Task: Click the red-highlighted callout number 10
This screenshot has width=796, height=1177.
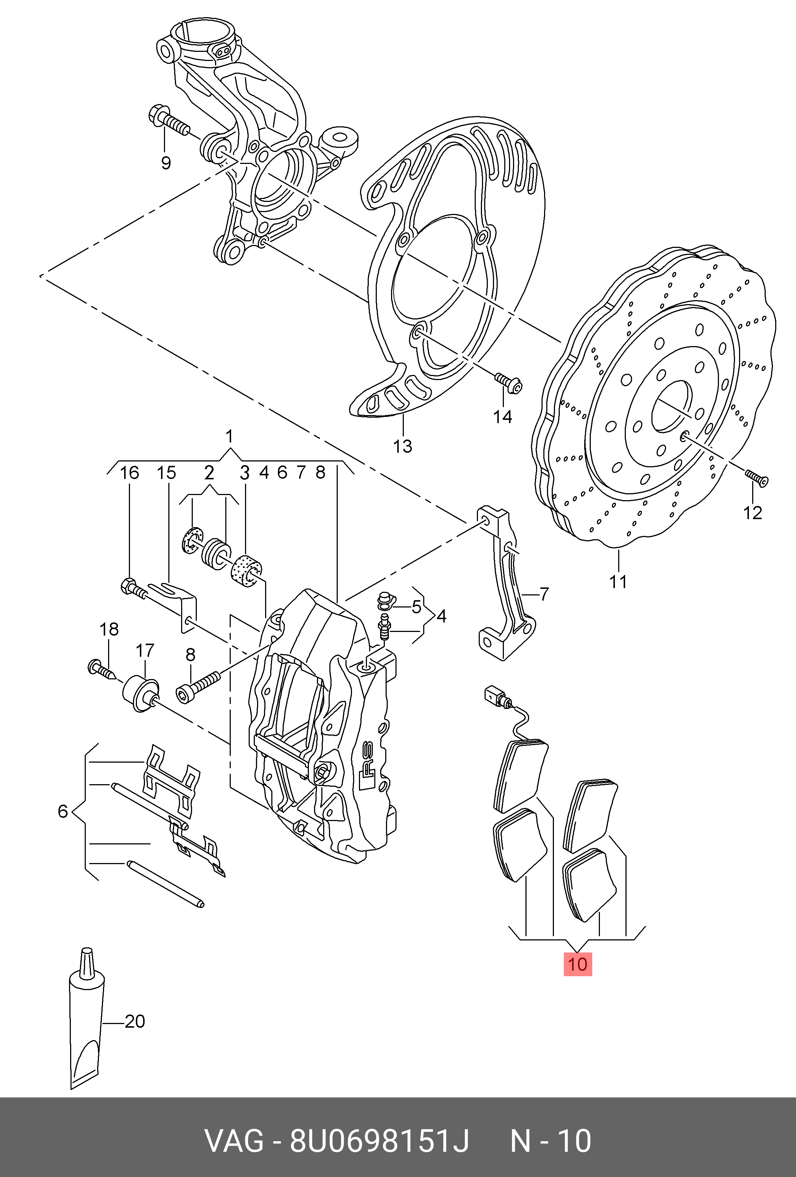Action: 578,963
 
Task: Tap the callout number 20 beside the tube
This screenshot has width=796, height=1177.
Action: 135,1021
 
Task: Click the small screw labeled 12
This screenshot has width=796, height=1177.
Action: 757,477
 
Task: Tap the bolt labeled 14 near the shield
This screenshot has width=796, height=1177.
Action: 508,383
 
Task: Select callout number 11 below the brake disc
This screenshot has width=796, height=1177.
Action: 618,582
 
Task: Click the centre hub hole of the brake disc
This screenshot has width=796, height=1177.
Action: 671,406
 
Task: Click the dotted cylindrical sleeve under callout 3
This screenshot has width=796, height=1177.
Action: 246,571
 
